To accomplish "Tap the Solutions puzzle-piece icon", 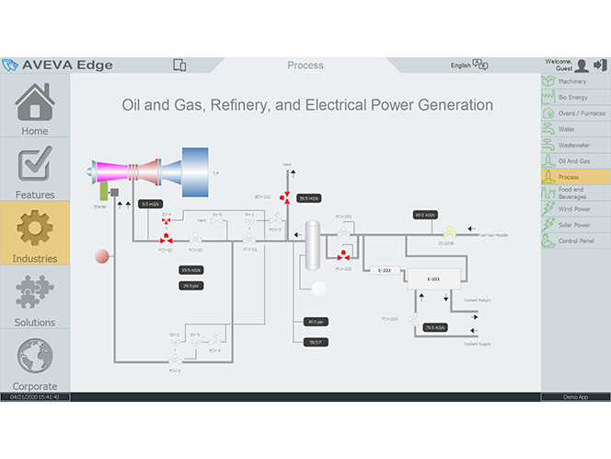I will [35, 297].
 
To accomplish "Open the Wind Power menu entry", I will [574, 208].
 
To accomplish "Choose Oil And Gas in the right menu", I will [574, 160].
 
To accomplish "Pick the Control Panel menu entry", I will [575, 241].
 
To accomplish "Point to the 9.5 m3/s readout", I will [151, 205].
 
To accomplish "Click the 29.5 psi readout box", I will [191, 286].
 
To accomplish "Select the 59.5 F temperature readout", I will [315, 342].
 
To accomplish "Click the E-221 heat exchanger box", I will [434, 278].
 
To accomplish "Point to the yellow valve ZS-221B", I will [448, 233].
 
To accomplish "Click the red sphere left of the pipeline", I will [102, 255].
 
